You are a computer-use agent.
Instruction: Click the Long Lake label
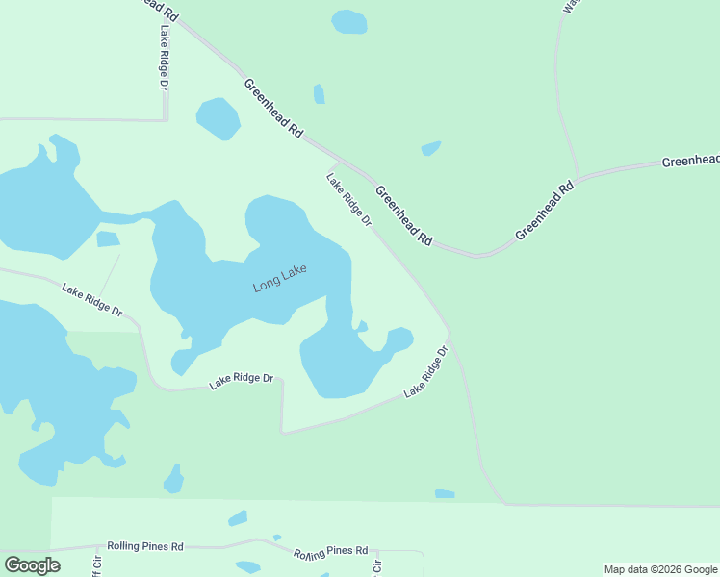tap(279, 279)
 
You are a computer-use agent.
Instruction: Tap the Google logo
tap(32, 565)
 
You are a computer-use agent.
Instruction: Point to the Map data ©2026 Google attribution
tap(660, 569)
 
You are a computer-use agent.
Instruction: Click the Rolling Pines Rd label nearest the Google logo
tap(144, 546)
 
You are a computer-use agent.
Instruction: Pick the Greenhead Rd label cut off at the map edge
tap(690, 161)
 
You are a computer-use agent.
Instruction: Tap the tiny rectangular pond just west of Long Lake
tap(108, 238)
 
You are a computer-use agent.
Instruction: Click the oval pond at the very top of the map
tap(348, 21)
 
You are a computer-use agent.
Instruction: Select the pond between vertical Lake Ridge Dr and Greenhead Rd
tap(219, 118)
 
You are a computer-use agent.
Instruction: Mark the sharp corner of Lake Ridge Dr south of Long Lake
tap(283, 433)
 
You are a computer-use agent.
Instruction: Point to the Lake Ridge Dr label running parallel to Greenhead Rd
tap(348, 199)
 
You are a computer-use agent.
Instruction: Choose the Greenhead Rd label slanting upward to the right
tap(544, 212)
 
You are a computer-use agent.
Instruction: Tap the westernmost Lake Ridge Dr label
tap(92, 299)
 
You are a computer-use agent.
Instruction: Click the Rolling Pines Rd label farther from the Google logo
tap(331, 552)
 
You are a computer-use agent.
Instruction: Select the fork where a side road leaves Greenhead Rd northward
tap(578, 178)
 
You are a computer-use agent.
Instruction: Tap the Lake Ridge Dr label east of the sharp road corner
tap(427, 372)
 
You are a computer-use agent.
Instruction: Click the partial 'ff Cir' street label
tap(95, 567)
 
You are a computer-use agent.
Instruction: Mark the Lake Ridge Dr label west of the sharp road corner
tap(242, 382)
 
